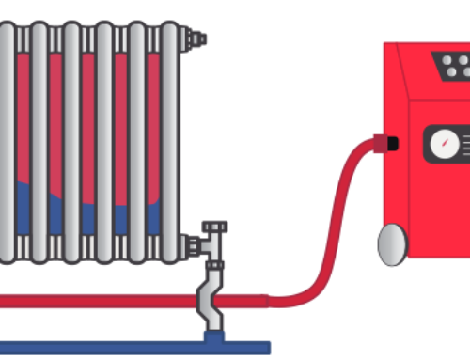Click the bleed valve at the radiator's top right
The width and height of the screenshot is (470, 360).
[x=196, y=39]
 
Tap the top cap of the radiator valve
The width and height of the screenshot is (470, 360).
[x=217, y=227]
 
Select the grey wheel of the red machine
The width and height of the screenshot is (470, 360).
[x=392, y=244]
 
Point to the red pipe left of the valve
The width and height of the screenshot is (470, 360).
[x=94, y=301]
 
